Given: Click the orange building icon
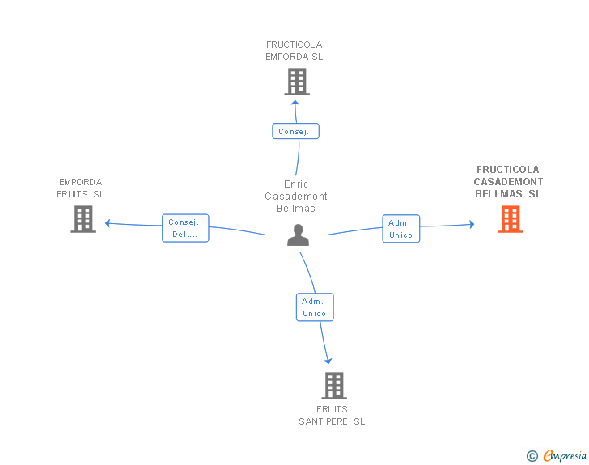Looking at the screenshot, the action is pyautogui.click(x=511, y=219).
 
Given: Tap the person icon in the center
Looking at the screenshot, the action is pyautogui.click(x=299, y=235).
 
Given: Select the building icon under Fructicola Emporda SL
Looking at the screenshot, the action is pyautogui.click(x=297, y=82).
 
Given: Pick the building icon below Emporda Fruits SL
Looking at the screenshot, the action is pyautogui.click(x=83, y=219).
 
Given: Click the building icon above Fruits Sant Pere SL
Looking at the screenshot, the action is pyautogui.click(x=334, y=386).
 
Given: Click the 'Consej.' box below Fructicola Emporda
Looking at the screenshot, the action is pyautogui.click(x=295, y=131).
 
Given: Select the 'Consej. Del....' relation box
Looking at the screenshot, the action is pyautogui.click(x=185, y=228).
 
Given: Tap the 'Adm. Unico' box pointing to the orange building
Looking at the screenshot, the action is pyautogui.click(x=401, y=229).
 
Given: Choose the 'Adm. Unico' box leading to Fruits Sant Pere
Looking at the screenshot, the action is pyautogui.click(x=315, y=307).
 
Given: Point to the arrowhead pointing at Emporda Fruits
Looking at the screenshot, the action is pyautogui.click(x=108, y=223).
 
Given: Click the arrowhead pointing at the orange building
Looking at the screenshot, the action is pyautogui.click(x=472, y=224).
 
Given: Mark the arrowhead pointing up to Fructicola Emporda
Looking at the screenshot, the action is pyautogui.click(x=295, y=103).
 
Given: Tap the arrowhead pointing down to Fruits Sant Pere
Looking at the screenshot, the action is pyautogui.click(x=328, y=361).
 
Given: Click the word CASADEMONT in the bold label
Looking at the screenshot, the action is pyautogui.click(x=508, y=182).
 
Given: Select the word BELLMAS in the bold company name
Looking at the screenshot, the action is pyautogui.click(x=498, y=194).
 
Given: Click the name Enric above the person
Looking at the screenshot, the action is pyautogui.click(x=296, y=184).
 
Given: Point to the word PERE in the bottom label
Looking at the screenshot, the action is pyautogui.click(x=337, y=421).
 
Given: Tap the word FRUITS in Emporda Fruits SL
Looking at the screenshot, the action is pyautogui.click(x=72, y=194).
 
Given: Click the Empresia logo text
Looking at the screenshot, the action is pyautogui.click(x=565, y=456).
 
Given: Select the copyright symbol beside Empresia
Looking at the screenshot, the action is pyautogui.click(x=532, y=456).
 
